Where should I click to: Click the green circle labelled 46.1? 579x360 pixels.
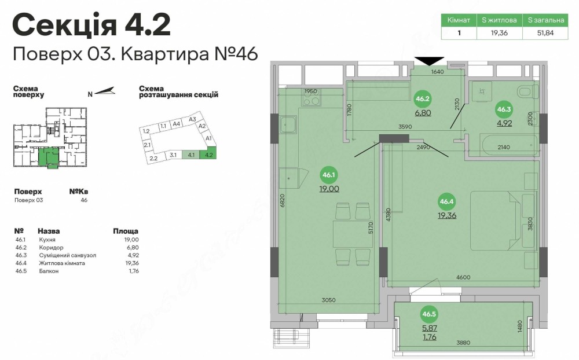(328, 175)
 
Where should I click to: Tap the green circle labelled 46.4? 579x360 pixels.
(446, 201)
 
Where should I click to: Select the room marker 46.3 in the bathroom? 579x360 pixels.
(504, 109)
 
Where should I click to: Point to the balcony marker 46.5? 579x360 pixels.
(429, 314)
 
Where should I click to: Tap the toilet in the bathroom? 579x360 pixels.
(528, 92)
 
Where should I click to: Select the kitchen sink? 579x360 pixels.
(288, 125)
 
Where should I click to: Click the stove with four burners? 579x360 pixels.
(311, 97)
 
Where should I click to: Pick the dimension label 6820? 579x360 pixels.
(283, 201)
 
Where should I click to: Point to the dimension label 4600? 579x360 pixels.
(463, 277)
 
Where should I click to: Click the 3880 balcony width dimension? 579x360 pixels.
(463, 343)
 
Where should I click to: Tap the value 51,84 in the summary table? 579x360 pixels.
(545, 33)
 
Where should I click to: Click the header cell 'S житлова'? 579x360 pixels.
(499, 20)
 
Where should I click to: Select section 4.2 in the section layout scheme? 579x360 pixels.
(208, 155)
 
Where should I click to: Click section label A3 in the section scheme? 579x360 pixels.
(192, 119)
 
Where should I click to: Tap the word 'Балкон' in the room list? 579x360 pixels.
(49, 271)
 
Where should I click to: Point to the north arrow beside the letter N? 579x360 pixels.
(105, 91)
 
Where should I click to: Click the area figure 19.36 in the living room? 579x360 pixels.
(447, 215)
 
